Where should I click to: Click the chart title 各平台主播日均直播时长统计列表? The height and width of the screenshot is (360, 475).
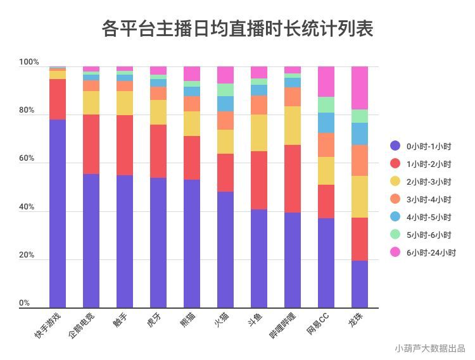[x=237, y=29]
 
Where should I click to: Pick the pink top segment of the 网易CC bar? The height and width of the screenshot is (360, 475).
[x=326, y=82]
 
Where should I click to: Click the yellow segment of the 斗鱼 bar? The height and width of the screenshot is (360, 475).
[x=259, y=133]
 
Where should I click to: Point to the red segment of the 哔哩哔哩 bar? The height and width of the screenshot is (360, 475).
[x=293, y=178]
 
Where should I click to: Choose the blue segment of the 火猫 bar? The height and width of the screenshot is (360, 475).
[x=225, y=104]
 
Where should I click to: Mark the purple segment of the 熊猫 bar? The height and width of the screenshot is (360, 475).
[x=192, y=244]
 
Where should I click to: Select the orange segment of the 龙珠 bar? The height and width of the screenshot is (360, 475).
[x=360, y=160]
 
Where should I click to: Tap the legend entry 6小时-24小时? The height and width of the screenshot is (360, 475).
[x=431, y=252]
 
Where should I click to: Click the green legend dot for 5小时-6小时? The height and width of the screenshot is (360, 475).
[x=396, y=235]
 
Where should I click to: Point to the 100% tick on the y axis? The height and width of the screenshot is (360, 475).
[x=29, y=63]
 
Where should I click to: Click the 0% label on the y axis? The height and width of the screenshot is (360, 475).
[x=25, y=303]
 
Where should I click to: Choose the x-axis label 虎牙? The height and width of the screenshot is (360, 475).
[x=153, y=321]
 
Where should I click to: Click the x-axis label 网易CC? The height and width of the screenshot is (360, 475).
[x=316, y=325]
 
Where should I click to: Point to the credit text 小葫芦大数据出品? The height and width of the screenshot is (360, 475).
[x=429, y=348]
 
